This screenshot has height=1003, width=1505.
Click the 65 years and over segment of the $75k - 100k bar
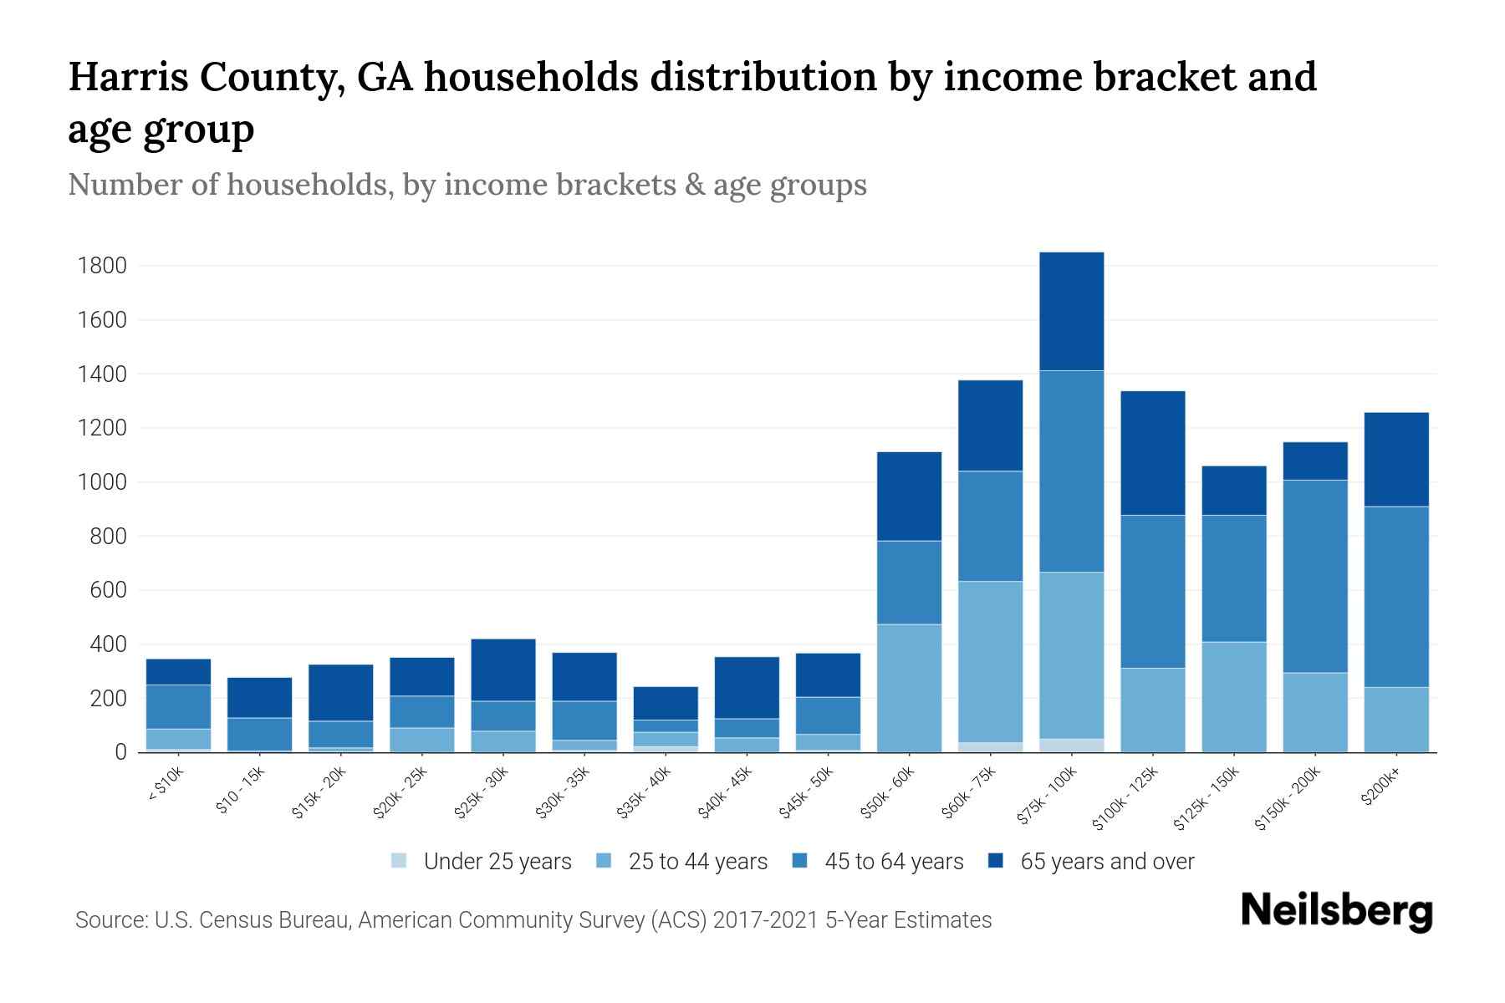[x=1071, y=311]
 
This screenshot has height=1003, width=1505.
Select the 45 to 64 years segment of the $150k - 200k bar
[x=1315, y=577]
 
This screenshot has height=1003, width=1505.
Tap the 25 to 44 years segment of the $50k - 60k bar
[x=909, y=688]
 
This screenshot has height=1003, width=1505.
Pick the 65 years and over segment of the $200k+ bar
[x=1396, y=460]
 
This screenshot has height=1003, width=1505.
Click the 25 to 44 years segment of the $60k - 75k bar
[x=990, y=662]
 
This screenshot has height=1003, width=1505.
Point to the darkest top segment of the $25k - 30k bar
[x=503, y=670]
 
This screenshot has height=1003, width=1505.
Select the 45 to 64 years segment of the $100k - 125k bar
[x=1152, y=591]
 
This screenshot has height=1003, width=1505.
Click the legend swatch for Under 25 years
[x=400, y=861]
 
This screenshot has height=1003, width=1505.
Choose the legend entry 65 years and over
[x=1106, y=862]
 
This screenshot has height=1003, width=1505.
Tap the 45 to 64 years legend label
[x=894, y=862]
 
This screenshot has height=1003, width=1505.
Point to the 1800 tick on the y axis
[x=101, y=266]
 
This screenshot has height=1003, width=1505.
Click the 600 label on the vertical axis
[x=108, y=590]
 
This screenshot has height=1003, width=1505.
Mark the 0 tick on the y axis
[x=120, y=752]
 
